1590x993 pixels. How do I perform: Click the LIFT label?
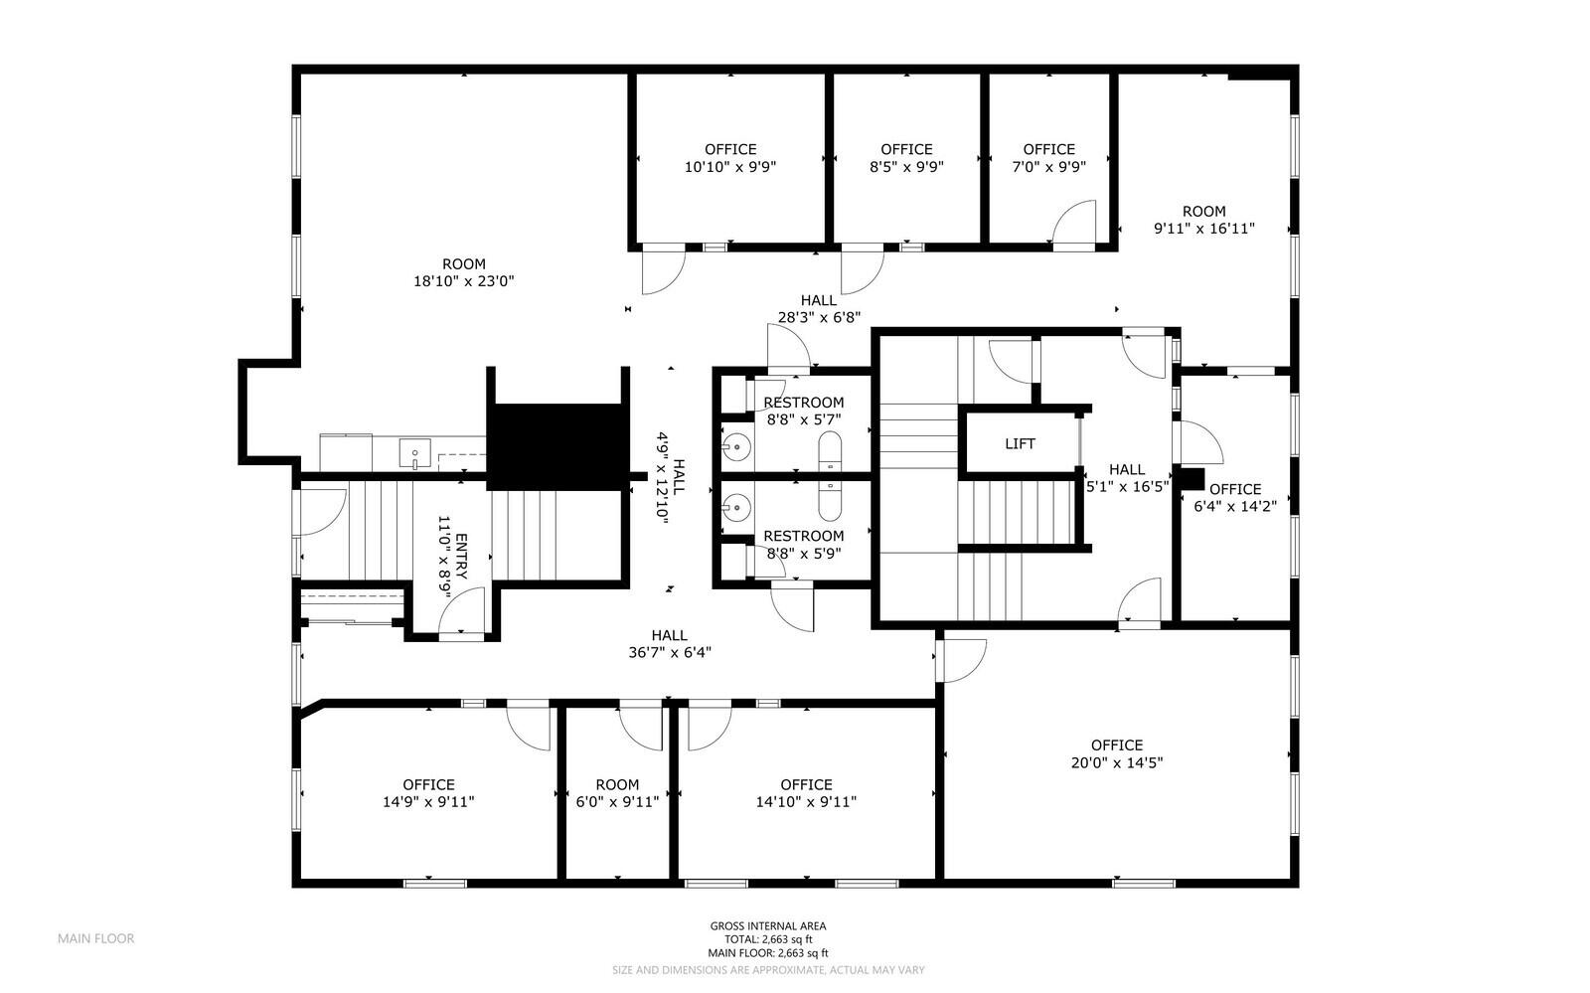(1020, 443)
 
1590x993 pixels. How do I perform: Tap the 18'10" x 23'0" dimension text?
(463, 281)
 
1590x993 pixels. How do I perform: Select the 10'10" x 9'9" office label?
(729, 158)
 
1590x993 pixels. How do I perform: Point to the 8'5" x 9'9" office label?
(906, 158)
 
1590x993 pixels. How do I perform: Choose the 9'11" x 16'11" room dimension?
(1203, 229)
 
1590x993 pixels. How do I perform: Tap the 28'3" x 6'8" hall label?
(819, 309)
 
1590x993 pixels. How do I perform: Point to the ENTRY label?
(461, 557)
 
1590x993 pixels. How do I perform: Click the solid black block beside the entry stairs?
(557, 445)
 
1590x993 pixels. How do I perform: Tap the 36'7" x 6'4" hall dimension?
(670, 652)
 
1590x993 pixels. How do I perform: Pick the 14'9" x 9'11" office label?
(428, 793)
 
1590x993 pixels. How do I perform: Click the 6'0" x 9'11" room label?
(617, 793)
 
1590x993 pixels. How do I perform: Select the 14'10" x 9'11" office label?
(806, 793)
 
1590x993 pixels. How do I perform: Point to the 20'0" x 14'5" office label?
(1117, 753)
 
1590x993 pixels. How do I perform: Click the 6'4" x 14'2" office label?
(1235, 498)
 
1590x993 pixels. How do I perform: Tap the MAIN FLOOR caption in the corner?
(95, 938)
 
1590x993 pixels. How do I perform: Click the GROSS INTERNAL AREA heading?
(768, 925)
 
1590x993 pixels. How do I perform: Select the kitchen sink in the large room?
(414, 453)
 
